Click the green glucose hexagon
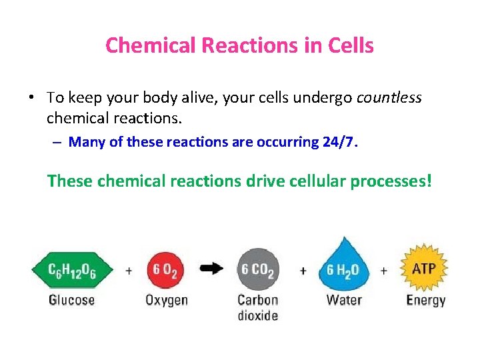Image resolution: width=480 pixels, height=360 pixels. click(72, 270)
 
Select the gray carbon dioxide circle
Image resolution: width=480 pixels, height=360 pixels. click(258, 270)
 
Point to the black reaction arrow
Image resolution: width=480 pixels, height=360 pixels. click(212, 269)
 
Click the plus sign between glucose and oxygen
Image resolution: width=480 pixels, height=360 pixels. click(128, 271)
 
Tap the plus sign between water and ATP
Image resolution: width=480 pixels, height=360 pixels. click(384, 271)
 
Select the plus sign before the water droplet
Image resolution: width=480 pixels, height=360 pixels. click(303, 271)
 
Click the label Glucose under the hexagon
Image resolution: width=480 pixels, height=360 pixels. click(71, 300)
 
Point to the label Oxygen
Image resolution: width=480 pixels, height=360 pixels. click(167, 300)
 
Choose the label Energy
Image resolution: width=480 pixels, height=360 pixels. click(425, 300)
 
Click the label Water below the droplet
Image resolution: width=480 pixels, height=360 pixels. click(343, 299)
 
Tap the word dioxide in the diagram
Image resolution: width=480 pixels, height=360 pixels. click(258, 315)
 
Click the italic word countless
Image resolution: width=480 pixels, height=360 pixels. click(389, 98)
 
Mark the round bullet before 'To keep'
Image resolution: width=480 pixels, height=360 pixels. click(31, 98)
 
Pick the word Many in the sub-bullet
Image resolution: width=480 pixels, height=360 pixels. click(83, 141)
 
